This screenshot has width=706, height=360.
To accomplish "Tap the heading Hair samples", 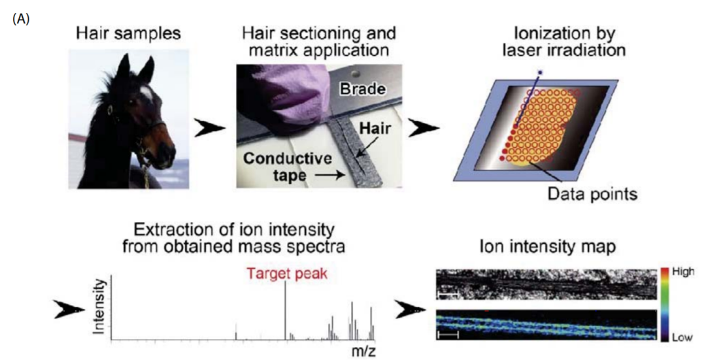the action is point(128,34).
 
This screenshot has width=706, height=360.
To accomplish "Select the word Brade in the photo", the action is point(362,89).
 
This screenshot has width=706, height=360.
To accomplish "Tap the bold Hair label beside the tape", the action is point(375,129).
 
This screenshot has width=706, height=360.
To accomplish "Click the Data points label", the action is point(592,194).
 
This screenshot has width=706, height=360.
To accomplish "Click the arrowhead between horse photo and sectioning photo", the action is point(210,129).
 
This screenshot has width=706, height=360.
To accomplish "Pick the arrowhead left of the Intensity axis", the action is point(69,310).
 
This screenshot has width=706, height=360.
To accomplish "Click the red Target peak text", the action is point(286,274).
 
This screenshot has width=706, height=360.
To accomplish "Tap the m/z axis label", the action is point(363,351).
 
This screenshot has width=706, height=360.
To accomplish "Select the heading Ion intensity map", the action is point(548,247).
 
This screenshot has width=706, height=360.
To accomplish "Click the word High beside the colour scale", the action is point(683,271).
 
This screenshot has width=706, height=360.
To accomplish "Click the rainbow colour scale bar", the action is point(664,304).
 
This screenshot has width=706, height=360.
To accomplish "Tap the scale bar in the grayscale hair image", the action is point(448,295).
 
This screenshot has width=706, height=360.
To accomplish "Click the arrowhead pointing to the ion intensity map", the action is point(410,310).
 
